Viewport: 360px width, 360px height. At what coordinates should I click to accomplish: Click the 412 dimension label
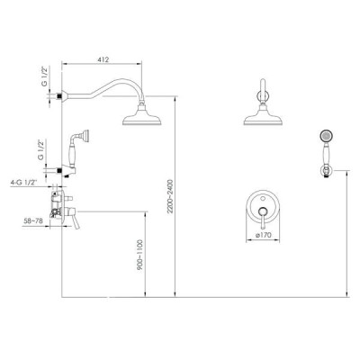(x=103, y=59)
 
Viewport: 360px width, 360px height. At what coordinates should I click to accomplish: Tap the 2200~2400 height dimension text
(x=170, y=196)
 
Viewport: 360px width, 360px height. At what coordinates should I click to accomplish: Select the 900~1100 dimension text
(x=140, y=256)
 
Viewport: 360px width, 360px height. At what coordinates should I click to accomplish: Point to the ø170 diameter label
(x=264, y=235)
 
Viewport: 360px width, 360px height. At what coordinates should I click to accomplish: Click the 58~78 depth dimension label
(x=33, y=220)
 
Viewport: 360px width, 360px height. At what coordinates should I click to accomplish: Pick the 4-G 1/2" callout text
(x=23, y=182)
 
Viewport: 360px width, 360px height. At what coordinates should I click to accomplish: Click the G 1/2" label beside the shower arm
(x=44, y=76)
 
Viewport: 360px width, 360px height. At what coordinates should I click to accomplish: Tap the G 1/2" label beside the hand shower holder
(x=40, y=149)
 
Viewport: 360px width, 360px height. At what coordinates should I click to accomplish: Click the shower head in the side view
(x=142, y=116)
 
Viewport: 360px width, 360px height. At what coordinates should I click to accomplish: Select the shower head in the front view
(x=264, y=116)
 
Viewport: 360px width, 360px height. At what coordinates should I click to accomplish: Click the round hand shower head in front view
(x=326, y=136)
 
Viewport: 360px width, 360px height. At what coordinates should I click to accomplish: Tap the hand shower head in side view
(x=87, y=135)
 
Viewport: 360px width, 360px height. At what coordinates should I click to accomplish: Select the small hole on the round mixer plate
(x=263, y=198)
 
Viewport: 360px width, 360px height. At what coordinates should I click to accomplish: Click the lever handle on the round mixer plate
(x=263, y=218)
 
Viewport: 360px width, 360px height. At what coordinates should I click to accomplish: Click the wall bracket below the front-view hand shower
(x=326, y=172)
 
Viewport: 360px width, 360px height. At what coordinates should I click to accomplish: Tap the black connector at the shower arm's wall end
(x=59, y=96)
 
